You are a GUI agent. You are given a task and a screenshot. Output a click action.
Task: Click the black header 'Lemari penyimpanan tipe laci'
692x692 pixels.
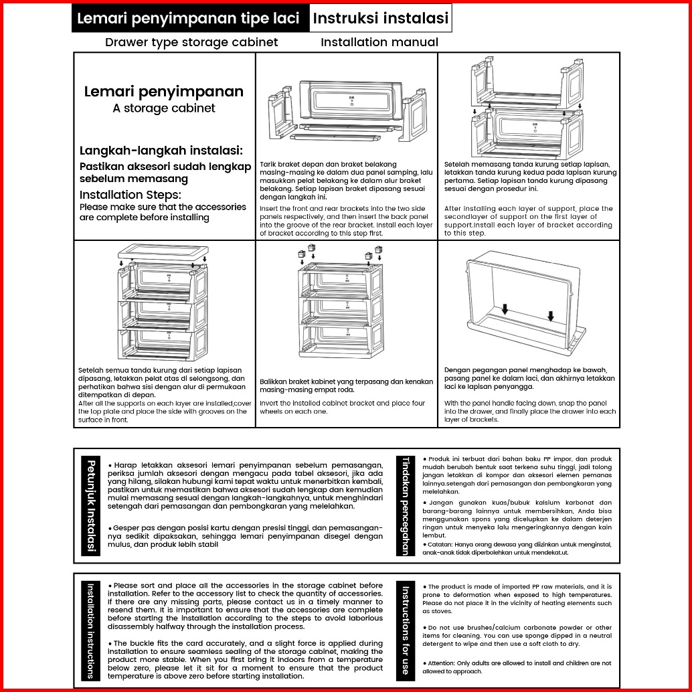189,19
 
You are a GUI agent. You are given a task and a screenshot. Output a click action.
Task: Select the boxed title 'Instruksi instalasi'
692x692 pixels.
380,19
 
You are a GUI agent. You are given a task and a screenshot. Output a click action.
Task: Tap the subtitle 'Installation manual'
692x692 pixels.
379,43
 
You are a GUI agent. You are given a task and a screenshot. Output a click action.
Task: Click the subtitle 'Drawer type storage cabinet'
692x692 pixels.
191,43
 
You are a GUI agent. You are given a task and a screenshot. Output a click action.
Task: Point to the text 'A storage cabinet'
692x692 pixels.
164,108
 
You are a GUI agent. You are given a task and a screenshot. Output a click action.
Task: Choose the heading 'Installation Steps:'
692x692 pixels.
130,195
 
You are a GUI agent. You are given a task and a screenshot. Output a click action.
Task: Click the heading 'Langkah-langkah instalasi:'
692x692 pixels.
161,151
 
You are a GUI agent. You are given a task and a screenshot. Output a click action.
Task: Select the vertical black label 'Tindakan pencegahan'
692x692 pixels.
406,505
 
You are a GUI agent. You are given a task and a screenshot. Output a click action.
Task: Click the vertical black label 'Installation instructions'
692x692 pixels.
91,630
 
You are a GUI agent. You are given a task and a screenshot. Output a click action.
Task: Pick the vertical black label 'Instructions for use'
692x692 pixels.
406,630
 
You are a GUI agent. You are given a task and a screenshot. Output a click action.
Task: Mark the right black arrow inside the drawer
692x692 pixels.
550,315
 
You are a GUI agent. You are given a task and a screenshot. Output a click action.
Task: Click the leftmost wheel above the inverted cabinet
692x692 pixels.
301,254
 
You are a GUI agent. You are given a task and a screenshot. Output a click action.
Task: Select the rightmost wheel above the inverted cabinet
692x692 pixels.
380,250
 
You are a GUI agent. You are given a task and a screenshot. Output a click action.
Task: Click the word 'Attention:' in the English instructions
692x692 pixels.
440,663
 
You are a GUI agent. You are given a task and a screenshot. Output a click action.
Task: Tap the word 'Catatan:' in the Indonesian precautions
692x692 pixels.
439,545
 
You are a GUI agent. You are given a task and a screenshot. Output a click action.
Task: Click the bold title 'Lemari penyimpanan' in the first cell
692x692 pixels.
164,92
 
